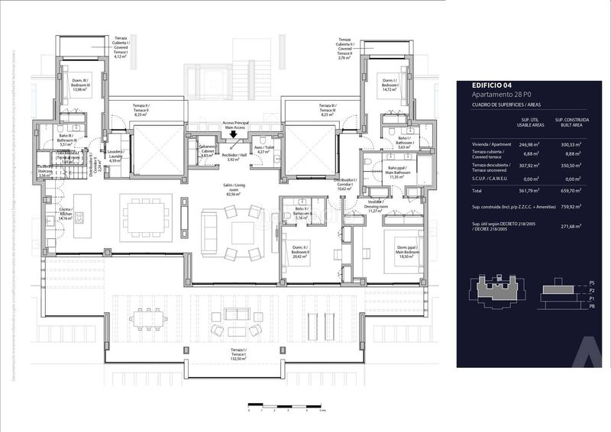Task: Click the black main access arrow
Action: pyautogui.click(x=234, y=135)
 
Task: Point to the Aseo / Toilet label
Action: pyautogui.click(x=263, y=150)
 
